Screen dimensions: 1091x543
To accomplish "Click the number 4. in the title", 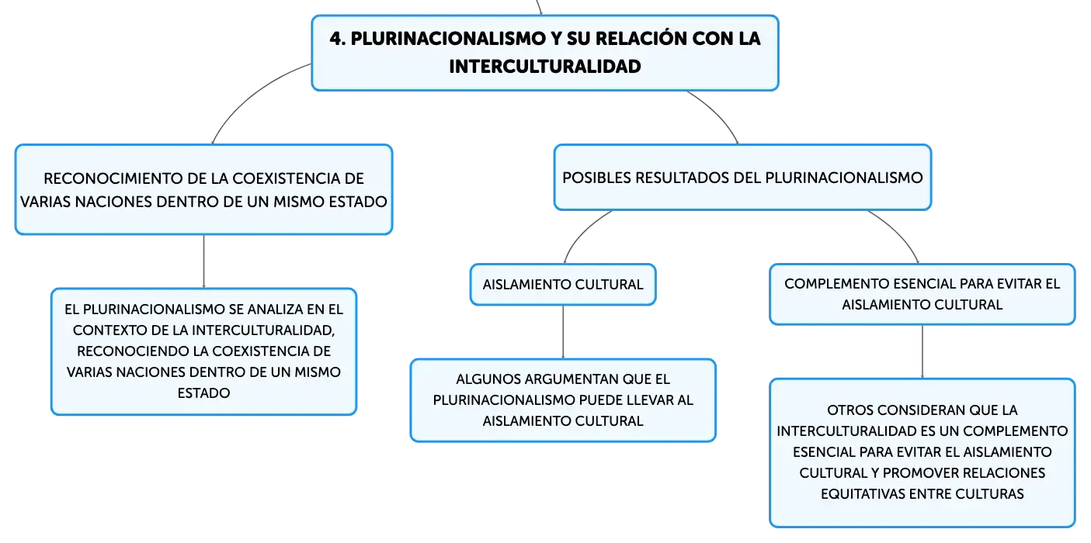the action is [x=338, y=39].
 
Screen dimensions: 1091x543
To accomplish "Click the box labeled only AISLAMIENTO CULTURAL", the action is [x=563, y=285].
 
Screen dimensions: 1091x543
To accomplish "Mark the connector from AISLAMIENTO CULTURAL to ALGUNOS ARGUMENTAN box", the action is [x=563, y=332].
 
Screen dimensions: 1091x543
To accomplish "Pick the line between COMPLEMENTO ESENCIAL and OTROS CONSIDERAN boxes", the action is [x=922, y=351].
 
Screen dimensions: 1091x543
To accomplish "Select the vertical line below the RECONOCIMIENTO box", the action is [x=203, y=261].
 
